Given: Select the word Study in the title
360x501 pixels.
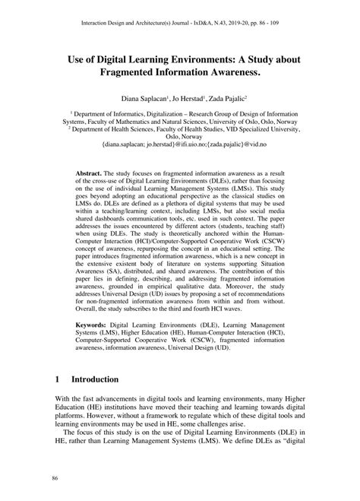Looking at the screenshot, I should tap(263, 57).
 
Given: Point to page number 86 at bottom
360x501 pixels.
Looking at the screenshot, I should tap(55, 477).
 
